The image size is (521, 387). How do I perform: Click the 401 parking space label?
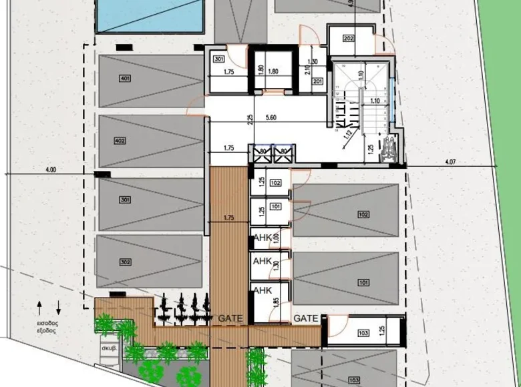click(125, 79)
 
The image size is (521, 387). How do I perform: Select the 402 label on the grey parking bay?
click(120, 141)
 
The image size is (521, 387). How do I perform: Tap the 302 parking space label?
click(125, 262)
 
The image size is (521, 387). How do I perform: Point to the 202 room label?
click(348, 39)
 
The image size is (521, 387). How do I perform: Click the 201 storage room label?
click(317, 82)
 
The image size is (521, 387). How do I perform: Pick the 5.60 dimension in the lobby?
click(271, 117)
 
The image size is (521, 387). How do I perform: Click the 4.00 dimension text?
click(51, 169)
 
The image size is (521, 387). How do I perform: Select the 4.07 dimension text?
click(450, 161)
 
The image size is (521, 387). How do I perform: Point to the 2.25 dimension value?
click(250, 120)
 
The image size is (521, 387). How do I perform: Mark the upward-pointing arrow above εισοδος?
click(39, 308)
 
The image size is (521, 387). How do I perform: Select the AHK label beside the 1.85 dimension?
click(262, 290)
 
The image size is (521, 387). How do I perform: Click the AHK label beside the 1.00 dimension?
click(262, 238)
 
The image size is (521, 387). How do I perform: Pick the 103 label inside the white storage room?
click(363, 332)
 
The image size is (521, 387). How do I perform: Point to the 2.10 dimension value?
click(307, 68)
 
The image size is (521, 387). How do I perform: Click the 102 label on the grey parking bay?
click(363, 214)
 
